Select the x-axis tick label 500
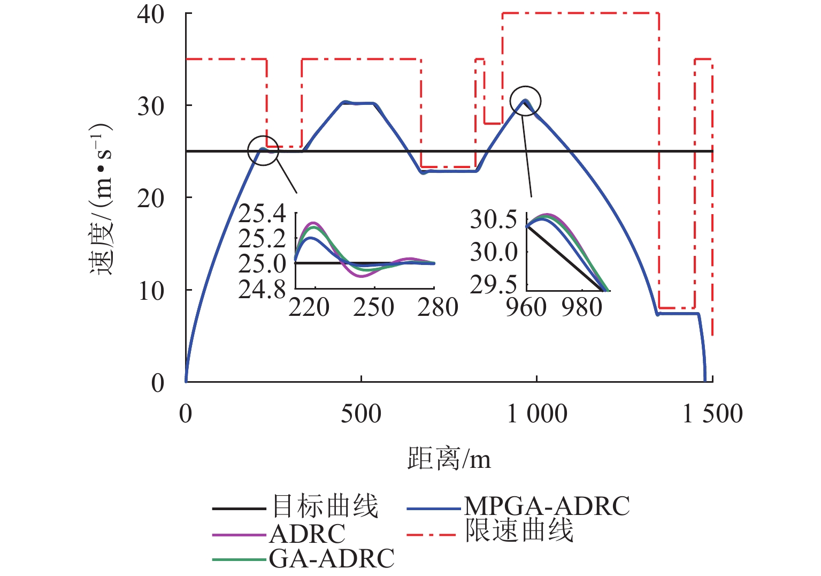pos(361,414)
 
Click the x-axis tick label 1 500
pos(712,414)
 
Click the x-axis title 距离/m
pos(449,459)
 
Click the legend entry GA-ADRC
pos(332,559)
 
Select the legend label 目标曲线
pos(325,506)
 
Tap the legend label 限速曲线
pos(519,531)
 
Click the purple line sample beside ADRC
pos(239,534)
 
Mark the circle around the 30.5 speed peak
pos(526,101)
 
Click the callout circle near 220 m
pos(263,150)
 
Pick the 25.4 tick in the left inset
pos(262,214)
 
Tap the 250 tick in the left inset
pos(373,307)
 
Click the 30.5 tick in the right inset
pos(493,219)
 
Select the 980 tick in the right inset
pos(581,307)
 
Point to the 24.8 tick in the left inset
pos(262,290)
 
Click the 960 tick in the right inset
pos(526,307)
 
